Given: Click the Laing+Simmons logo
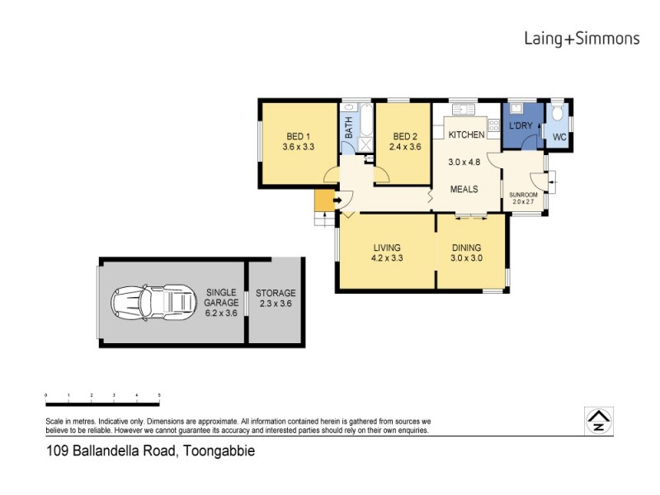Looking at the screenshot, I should (582, 37).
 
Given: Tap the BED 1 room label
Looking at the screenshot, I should (299, 136).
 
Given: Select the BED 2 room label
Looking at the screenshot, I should (405, 136).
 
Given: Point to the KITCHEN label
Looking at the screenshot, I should (466, 134).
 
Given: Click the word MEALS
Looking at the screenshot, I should (464, 189).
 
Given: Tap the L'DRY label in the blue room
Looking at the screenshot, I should (521, 125).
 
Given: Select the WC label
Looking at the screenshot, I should (559, 136).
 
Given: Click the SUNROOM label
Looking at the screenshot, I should (523, 195).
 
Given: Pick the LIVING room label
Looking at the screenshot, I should (386, 247).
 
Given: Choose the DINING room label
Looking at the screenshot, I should (466, 247).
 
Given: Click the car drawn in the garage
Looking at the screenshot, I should (152, 303).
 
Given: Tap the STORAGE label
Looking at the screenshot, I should (275, 293).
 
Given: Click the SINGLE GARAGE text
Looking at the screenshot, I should (221, 297).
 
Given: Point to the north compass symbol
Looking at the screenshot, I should (597, 421).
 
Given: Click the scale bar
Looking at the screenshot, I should (102, 403).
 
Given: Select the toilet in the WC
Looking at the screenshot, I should (559, 114).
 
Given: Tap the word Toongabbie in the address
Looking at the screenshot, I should (219, 451).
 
